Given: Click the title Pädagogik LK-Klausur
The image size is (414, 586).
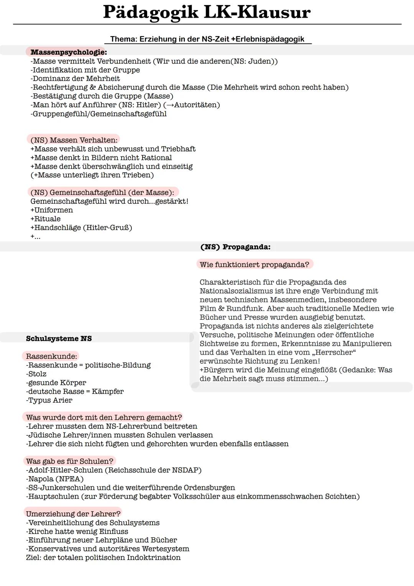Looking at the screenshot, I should pos(207,12).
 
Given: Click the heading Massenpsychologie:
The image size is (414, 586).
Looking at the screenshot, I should pos(69,52).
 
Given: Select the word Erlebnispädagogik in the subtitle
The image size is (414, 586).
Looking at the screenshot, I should pos(270,39).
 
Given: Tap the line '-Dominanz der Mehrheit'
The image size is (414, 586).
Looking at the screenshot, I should pos(75,79).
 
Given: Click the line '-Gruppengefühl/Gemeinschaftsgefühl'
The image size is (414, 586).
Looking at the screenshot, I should pos(99,114).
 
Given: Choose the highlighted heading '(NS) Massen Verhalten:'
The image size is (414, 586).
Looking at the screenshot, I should pos(74,140).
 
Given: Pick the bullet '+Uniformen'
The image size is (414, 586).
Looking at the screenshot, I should pos(52,210).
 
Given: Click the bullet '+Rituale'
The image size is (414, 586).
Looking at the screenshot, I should pos(46,219).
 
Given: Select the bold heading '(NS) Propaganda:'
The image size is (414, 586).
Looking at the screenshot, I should pos(235,247).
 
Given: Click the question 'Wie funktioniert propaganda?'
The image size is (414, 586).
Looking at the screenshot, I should pos(254,265).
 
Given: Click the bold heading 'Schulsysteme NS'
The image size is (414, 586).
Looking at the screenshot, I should pos(59,338).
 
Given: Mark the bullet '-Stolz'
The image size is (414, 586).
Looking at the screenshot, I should pos(36,374).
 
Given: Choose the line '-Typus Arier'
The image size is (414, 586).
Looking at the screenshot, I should pos(49,400).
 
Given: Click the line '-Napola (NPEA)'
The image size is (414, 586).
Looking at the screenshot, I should pos(55,479).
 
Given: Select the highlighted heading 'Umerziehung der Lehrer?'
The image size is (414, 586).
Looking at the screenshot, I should pos(73,514).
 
